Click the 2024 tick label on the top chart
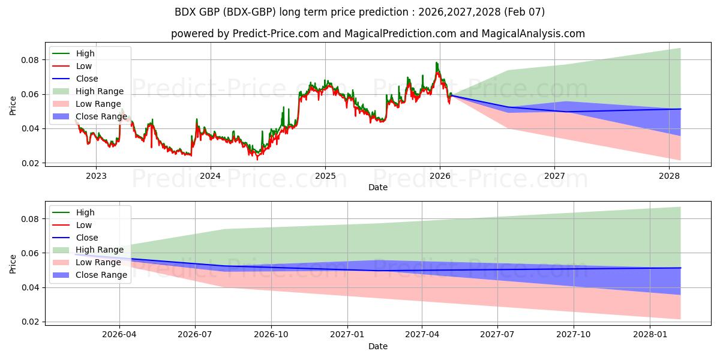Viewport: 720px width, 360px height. [211, 176]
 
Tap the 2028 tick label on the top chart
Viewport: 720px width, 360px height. [669, 176]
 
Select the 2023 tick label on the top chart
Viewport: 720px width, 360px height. [96, 176]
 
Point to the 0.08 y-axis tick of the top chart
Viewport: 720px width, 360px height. [30, 60]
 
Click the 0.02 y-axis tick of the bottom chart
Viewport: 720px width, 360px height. [30, 322]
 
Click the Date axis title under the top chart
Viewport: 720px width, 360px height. [378, 187]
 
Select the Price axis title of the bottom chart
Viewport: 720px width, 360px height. [13, 263]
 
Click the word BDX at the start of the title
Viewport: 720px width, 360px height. [186, 11]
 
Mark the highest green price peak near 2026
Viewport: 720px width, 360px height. [437, 62]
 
